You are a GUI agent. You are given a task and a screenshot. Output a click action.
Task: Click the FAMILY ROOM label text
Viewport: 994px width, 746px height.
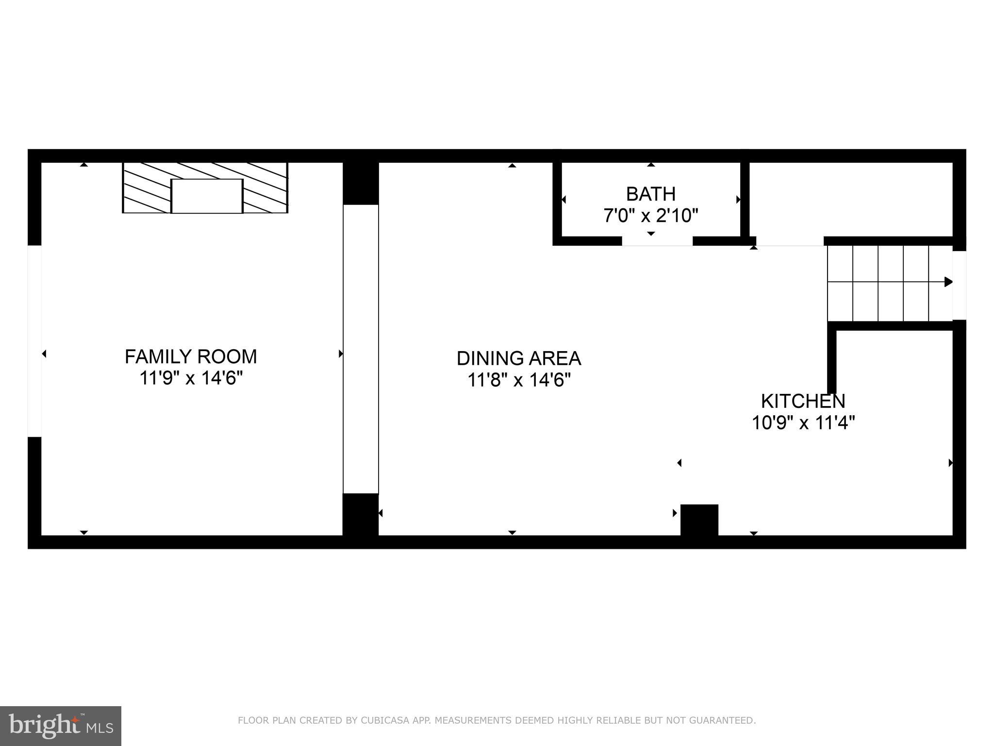click(x=191, y=356)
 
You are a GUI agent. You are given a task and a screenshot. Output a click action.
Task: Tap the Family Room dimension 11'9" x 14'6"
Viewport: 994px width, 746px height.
click(x=191, y=378)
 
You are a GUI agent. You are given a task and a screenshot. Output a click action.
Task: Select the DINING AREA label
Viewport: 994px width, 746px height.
click(x=518, y=358)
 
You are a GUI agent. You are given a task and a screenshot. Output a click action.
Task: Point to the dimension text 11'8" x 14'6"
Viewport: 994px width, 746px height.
click(x=518, y=380)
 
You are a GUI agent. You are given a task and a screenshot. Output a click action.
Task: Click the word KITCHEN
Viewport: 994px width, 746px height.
click(x=803, y=401)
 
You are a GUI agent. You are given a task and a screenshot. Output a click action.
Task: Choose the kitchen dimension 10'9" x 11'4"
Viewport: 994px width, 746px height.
click(x=803, y=423)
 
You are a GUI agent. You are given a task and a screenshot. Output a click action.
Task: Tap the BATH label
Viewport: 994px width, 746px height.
click(x=650, y=194)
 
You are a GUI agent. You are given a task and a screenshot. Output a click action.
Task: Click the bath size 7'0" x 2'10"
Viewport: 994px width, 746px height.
click(x=650, y=215)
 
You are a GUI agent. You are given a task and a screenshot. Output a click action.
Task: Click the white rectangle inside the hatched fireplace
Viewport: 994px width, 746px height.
click(x=207, y=196)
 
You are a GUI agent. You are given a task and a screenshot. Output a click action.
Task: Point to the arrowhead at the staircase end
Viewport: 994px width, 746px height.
click(x=948, y=282)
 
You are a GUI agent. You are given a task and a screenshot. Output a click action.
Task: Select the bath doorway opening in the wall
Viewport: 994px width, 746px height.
click(x=657, y=241)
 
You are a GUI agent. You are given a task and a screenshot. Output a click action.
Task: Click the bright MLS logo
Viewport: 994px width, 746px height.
click(x=61, y=726)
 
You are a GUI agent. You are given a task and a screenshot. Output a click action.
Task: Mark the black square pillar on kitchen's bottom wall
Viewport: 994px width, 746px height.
click(x=699, y=520)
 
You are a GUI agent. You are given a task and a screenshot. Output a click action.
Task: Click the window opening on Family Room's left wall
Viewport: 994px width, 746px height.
click(x=34, y=341)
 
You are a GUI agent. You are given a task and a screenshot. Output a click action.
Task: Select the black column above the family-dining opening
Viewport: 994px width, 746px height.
click(x=361, y=183)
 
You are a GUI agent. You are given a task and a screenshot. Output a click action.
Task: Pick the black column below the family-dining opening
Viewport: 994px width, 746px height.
click(x=361, y=514)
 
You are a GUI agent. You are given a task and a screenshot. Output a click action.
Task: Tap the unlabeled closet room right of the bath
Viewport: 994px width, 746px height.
click(x=851, y=199)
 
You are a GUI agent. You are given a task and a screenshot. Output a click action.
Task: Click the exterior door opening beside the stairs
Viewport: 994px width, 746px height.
click(x=959, y=285)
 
